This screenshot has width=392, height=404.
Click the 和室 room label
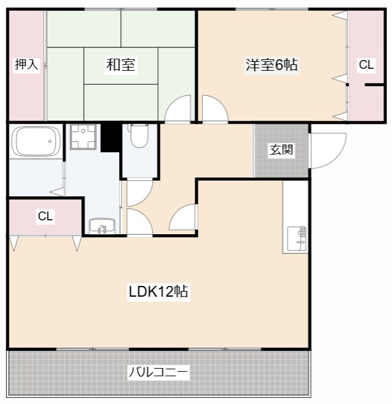click(121, 64)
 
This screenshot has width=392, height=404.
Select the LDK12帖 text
click(158, 292)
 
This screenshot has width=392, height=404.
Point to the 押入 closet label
click(26, 64)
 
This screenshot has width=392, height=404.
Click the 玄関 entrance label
click(280, 150)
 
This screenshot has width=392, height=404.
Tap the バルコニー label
click(158, 372)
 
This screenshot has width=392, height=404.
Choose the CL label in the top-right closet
click(366, 64)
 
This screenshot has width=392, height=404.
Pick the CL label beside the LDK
click(45, 217)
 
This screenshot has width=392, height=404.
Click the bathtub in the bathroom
click(37, 141)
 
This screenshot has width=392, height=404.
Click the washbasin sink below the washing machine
click(101, 226)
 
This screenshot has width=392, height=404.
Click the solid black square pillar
click(110, 137)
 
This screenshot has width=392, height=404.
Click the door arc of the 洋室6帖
click(215, 109)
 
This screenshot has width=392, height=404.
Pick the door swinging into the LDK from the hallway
click(182, 218)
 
